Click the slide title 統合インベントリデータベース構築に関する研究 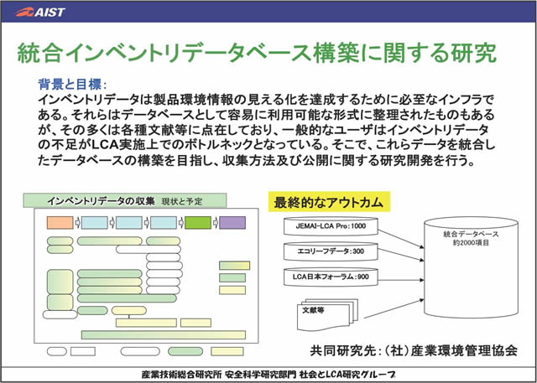tap(257, 53)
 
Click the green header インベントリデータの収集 tap(102, 201)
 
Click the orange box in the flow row tap(60, 223)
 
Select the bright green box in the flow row tap(197, 223)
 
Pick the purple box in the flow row tap(232, 223)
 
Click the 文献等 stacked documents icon tap(323, 313)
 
